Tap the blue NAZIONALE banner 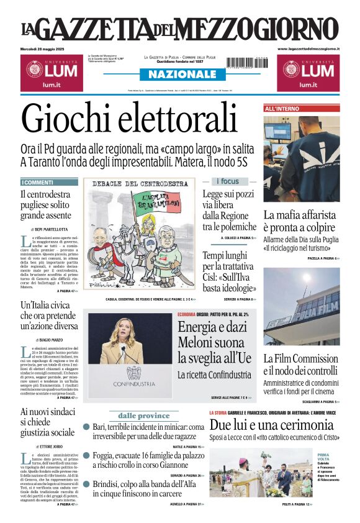point(179,75)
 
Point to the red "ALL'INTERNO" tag point(282,109)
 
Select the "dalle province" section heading point(143,416)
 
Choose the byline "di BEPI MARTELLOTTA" point(53,229)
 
